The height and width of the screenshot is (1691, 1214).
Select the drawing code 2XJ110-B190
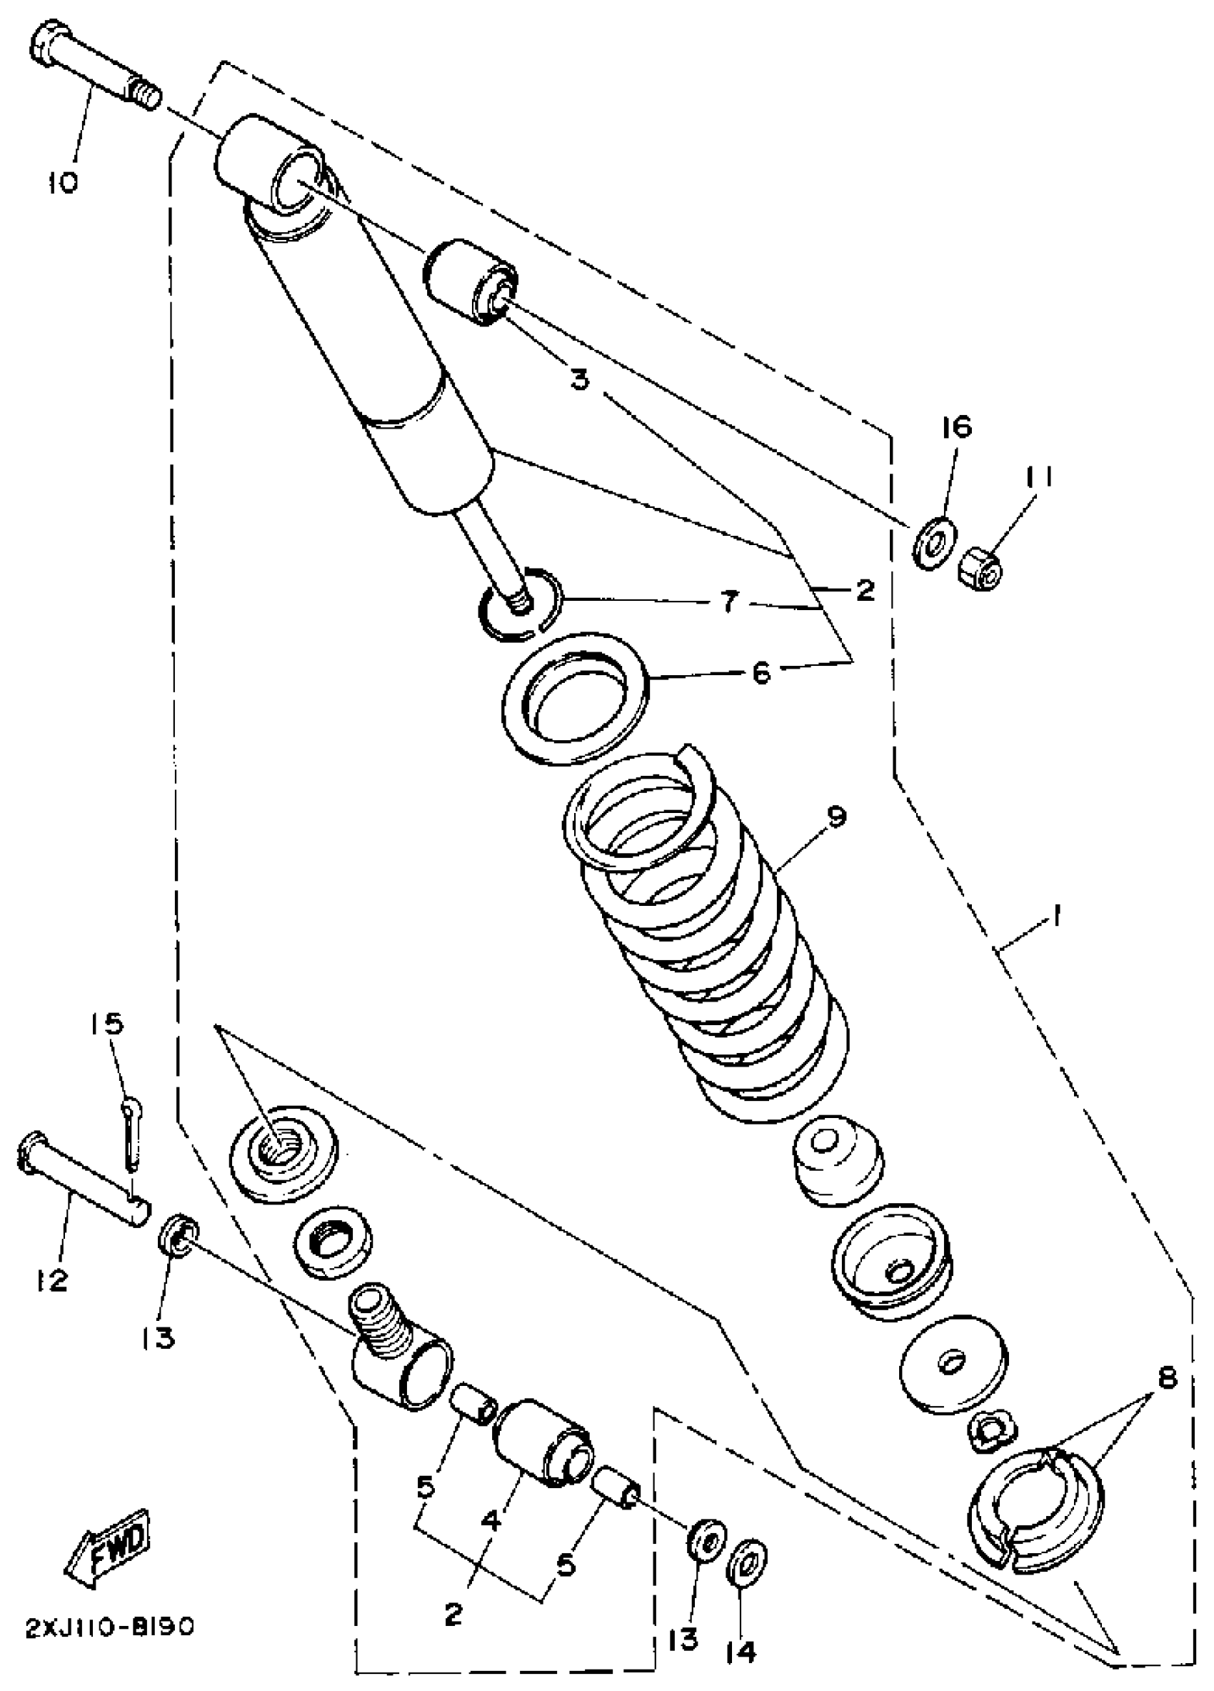coord(109,1625)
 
